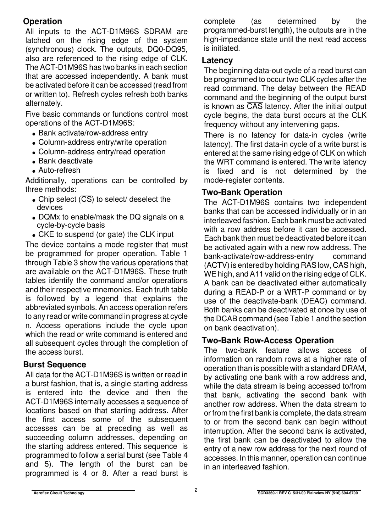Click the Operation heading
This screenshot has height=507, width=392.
click(43, 22)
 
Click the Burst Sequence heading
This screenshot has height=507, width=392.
click(55, 364)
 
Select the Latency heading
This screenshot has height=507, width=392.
click(217, 61)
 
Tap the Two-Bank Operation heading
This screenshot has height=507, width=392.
click(242, 193)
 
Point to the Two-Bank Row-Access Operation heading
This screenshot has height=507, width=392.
click(268, 340)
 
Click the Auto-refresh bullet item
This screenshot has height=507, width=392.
click(59, 170)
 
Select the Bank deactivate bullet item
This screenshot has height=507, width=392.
click(65, 161)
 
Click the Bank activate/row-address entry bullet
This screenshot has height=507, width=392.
click(93, 133)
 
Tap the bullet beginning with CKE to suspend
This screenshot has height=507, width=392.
click(106, 234)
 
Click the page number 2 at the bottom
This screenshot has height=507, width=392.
click(196, 490)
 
